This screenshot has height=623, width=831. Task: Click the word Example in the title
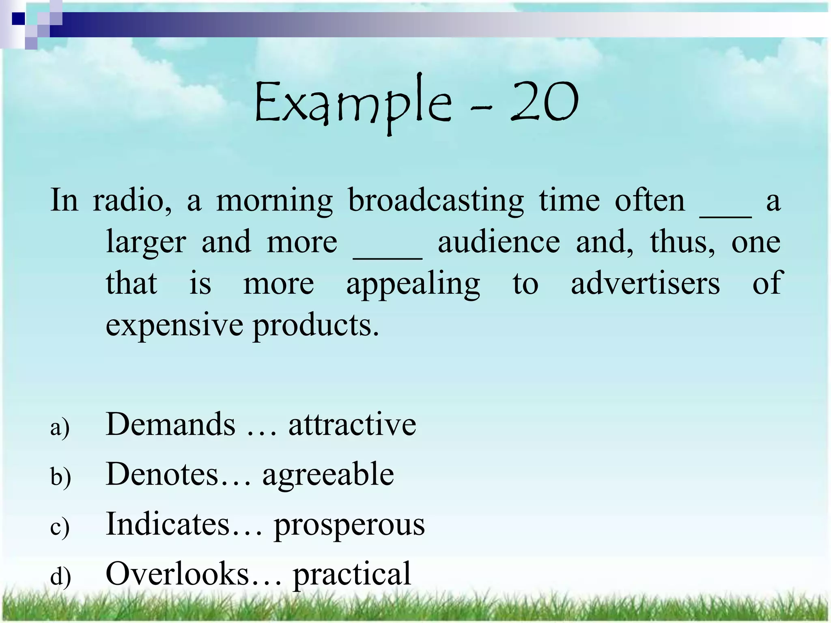pyautogui.click(x=352, y=103)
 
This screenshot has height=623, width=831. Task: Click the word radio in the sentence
pyautogui.click(x=132, y=200)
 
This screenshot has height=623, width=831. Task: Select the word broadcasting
pyautogui.click(x=436, y=200)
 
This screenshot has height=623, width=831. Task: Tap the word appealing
pyautogui.click(x=413, y=284)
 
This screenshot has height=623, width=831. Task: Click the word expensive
pyautogui.click(x=174, y=325)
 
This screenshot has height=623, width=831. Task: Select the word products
pyautogui.click(x=316, y=325)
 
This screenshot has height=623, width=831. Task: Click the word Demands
pyautogui.click(x=170, y=424)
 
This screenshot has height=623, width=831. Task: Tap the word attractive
pyautogui.click(x=352, y=424)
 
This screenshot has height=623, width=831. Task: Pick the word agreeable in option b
pyautogui.click(x=328, y=475)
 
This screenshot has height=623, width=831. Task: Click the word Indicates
pyautogui.click(x=168, y=524)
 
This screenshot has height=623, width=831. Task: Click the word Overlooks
pyautogui.click(x=177, y=574)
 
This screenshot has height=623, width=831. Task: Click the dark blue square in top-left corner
pyautogui.click(x=18, y=19)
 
